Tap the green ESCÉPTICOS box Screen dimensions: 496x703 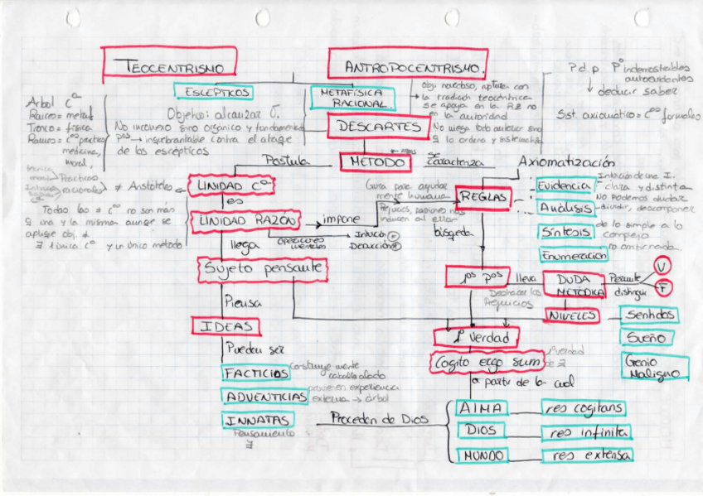tap(213, 92)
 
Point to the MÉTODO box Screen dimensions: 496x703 tap(376, 161)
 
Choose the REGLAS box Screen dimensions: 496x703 tap(483, 197)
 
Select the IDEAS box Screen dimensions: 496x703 tap(226, 326)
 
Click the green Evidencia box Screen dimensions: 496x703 tap(565, 186)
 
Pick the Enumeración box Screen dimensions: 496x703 tap(572, 256)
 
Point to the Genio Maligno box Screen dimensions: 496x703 tap(654, 367)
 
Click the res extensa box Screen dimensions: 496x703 tap(586, 455)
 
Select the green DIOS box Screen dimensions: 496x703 tap(482, 431)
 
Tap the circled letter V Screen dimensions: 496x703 tap(662, 266)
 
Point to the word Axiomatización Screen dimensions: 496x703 tap(566, 161)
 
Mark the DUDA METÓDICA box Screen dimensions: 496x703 tap(579, 287)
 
